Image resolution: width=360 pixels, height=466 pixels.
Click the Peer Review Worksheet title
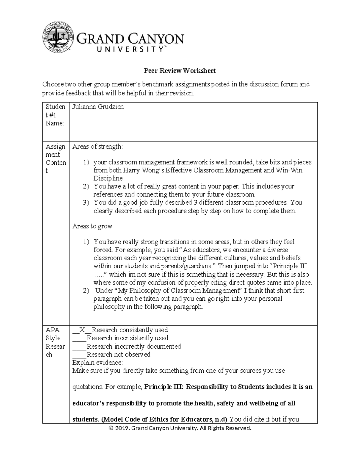[x=180, y=71]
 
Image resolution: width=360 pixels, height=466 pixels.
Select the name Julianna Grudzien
[x=98, y=107]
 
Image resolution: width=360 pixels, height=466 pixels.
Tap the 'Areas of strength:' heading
[x=97, y=147]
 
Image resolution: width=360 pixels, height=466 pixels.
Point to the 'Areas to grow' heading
[x=92, y=226]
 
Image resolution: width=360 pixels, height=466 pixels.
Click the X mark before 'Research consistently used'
[x=82, y=330]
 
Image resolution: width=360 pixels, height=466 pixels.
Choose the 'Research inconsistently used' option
[x=127, y=338]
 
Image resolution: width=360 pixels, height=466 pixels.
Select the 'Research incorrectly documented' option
[x=133, y=346]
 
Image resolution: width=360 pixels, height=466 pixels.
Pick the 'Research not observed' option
[x=118, y=354]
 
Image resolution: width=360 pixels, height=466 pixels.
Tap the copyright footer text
[x=180, y=428]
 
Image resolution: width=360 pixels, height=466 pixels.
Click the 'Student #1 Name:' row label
[x=55, y=115]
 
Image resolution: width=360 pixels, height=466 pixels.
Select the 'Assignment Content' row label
[x=55, y=158]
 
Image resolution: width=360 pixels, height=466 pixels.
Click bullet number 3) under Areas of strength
[x=86, y=203]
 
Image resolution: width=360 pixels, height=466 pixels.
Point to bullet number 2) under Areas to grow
[x=86, y=291]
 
